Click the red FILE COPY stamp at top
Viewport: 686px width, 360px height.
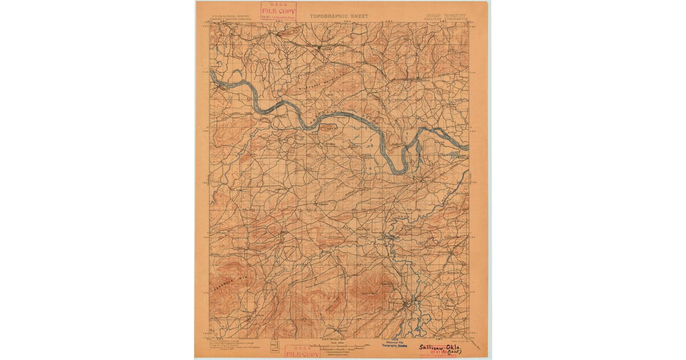click(278, 11)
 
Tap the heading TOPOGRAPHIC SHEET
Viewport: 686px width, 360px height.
click(339, 17)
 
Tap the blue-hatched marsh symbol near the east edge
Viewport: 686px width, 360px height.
click(455, 154)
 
